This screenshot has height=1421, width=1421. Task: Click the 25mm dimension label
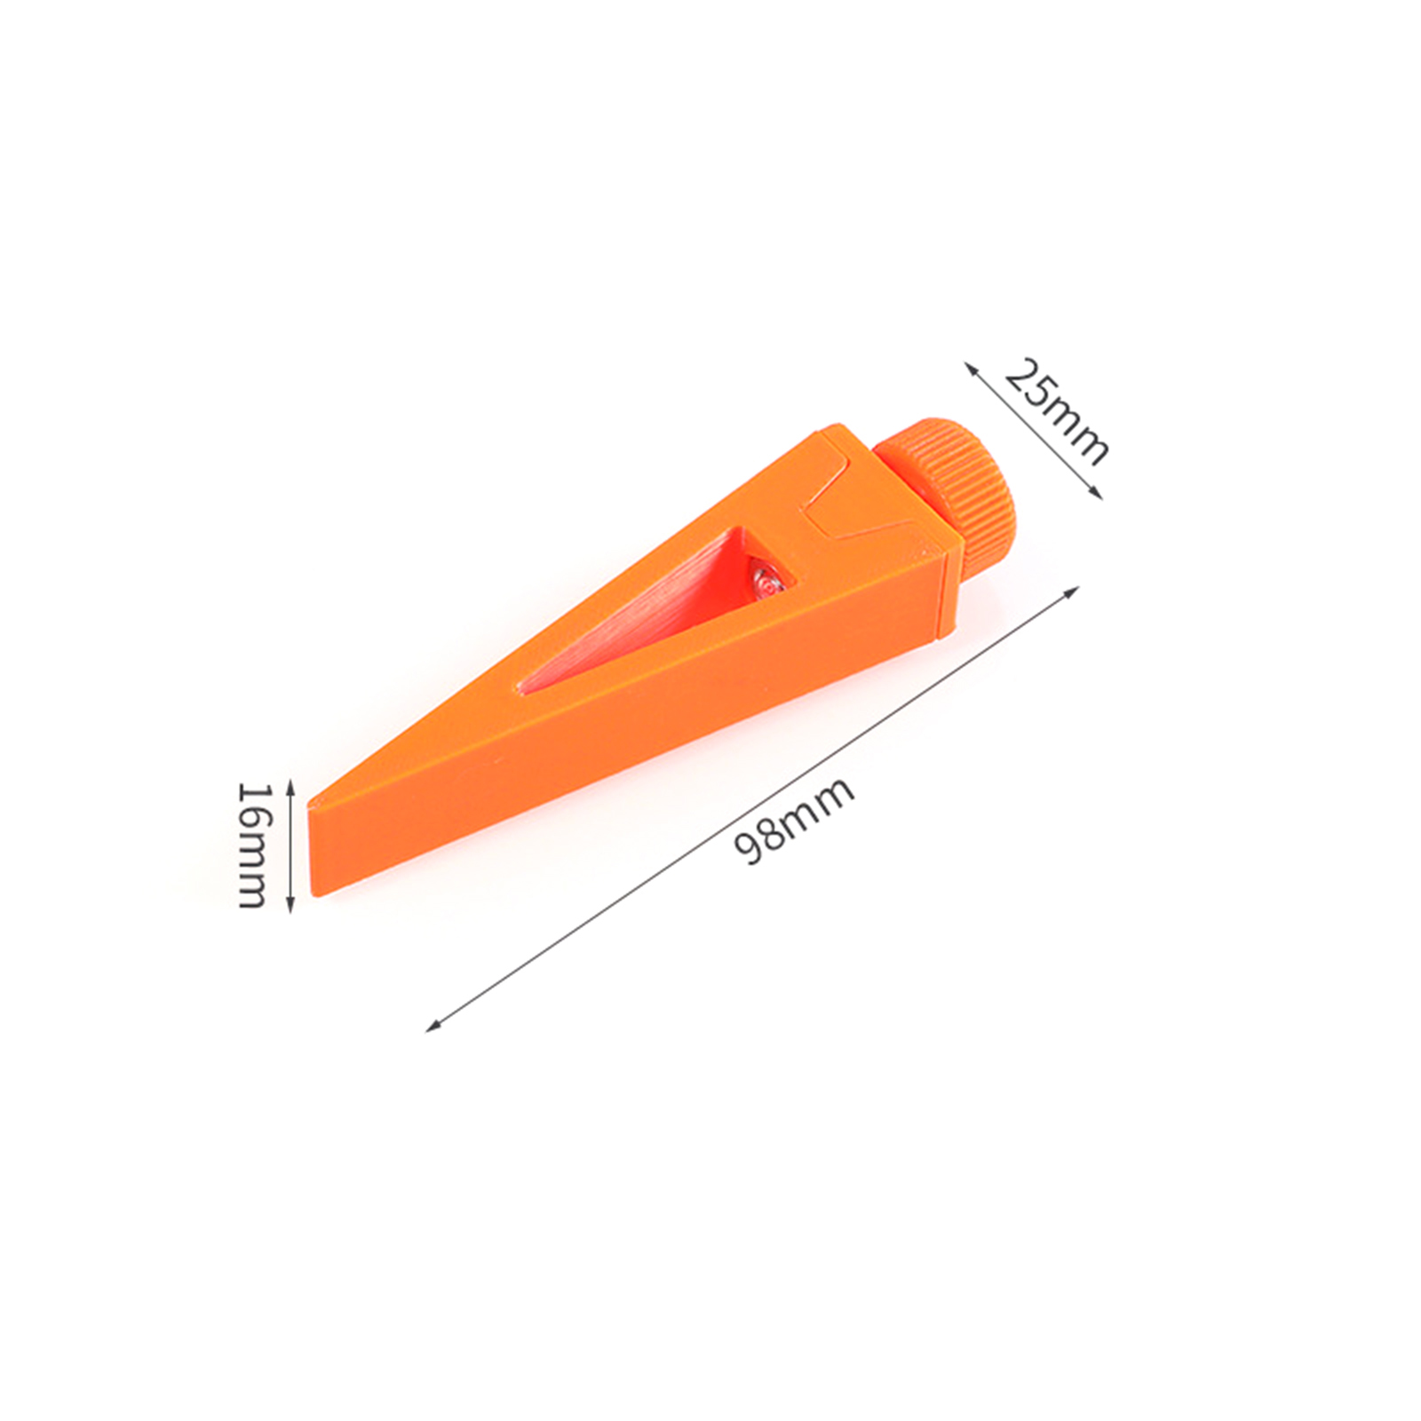point(1057,411)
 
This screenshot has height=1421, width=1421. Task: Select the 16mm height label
point(252,845)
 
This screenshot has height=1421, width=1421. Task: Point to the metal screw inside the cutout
point(762,583)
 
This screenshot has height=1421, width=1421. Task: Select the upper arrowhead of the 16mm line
point(290,784)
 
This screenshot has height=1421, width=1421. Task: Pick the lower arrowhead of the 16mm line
point(290,906)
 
